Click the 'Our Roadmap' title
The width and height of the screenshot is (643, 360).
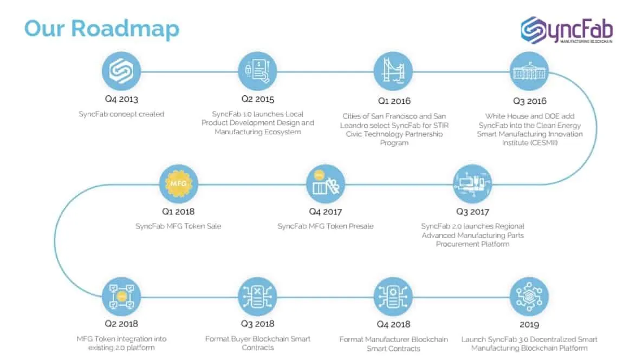point(102,29)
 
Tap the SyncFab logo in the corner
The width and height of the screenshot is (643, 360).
point(567,30)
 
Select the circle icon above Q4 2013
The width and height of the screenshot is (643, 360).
point(121,71)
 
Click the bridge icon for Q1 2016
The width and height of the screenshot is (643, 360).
point(393,71)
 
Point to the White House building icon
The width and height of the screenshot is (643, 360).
point(529,71)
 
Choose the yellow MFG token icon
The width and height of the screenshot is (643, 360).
point(178,184)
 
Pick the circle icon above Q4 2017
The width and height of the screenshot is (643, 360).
point(326,184)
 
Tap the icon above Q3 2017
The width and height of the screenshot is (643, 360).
point(472,184)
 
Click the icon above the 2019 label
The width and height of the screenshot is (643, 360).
point(529,297)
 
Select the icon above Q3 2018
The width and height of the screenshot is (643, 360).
point(257,297)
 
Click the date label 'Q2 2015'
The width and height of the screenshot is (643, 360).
point(257,99)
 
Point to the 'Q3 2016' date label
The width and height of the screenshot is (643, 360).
point(530,101)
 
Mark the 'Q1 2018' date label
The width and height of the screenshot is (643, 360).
point(178,212)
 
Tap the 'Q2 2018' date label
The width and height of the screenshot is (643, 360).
point(121,324)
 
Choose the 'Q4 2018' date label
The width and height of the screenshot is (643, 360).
point(393,324)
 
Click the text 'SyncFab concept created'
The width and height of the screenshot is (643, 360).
point(121,114)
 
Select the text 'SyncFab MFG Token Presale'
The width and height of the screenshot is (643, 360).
point(326,226)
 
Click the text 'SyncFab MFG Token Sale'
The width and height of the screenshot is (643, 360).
point(178,226)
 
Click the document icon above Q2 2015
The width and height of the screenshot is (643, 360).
point(257,71)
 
